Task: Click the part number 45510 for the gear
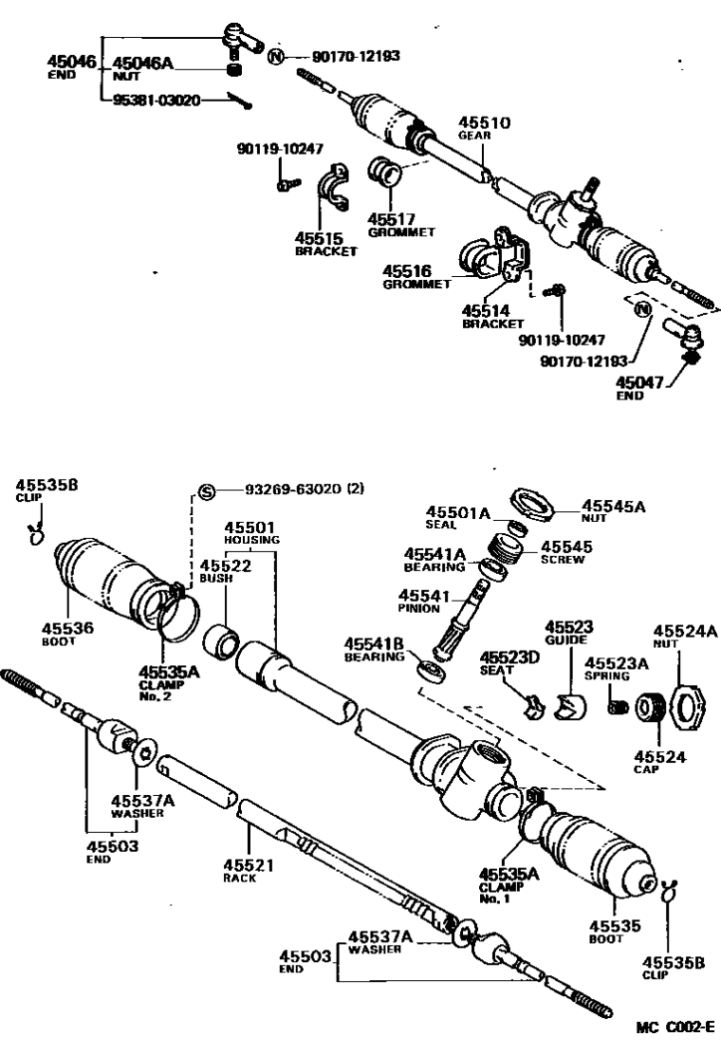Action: [485, 123]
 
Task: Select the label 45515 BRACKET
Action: [325, 245]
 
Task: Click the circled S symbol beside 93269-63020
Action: [207, 490]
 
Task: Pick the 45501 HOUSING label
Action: [251, 532]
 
